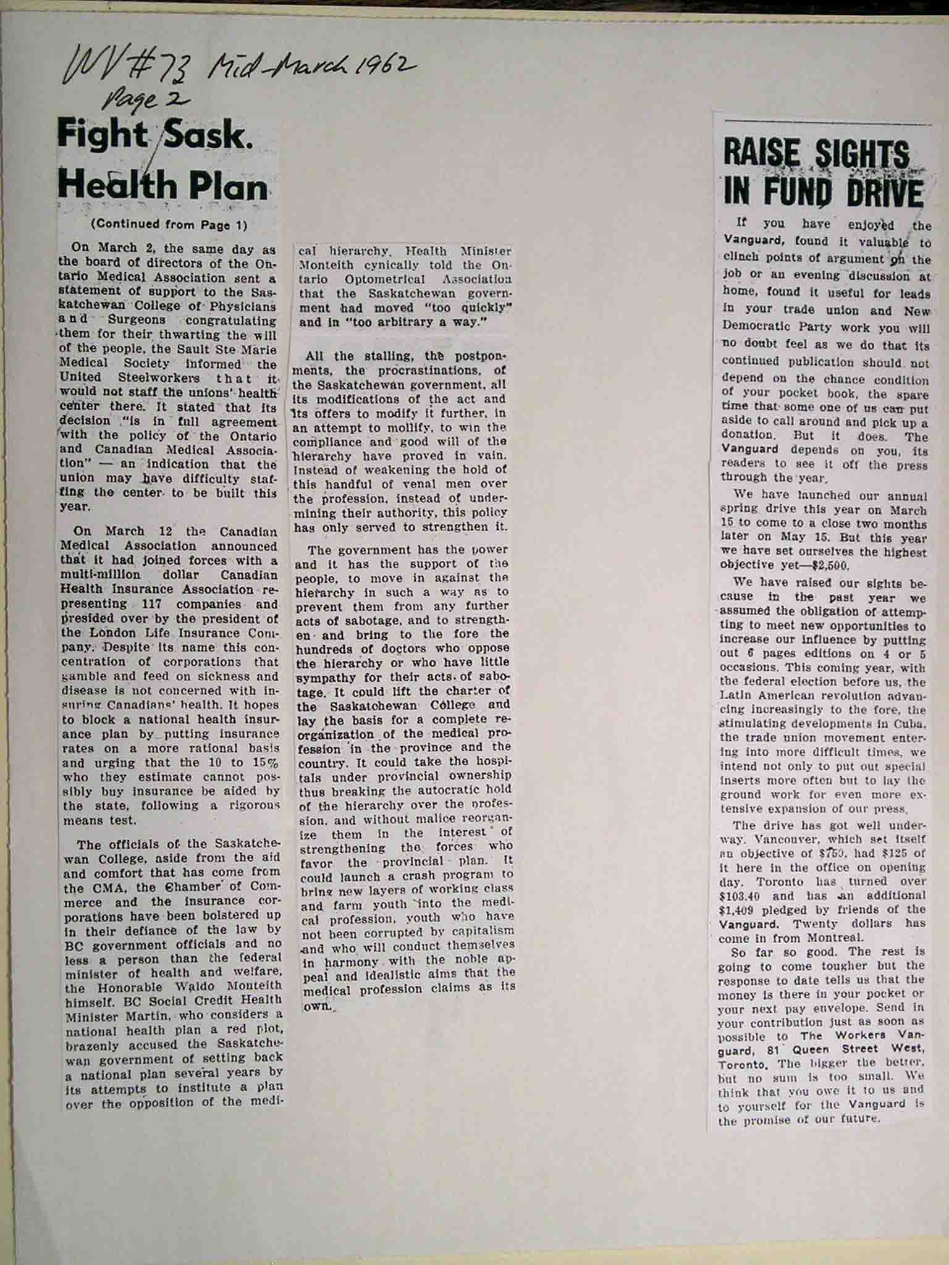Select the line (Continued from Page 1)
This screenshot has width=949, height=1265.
click(169, 225)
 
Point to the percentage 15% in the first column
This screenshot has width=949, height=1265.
click(266, 762)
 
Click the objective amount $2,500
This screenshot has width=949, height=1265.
click(831, 565)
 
